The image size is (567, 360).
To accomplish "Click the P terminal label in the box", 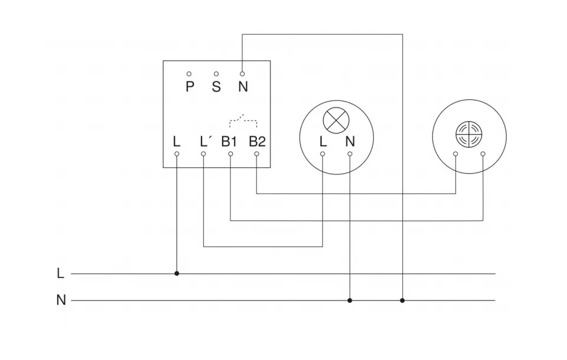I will click(190, 87).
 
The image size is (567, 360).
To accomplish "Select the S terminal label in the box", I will click(216, 87).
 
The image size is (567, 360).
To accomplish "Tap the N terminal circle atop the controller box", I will click(242, 74).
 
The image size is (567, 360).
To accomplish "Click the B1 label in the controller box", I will click(229, 142).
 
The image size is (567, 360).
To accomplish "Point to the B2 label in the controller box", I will click(257, 142).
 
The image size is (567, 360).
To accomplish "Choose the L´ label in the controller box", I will click(205, 142).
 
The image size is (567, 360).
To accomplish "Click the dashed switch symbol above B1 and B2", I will click(243, 121).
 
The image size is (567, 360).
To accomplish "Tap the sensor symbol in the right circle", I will click(469, 135).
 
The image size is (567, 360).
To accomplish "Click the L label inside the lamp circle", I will click(322, 142).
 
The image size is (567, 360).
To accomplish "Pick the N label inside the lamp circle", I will click(350, 142).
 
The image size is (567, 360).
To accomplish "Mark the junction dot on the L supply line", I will click(177, 274).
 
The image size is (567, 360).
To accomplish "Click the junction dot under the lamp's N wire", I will click(350, 300).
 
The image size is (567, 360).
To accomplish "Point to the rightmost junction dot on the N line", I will click(402, 300).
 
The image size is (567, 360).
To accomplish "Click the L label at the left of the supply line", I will click(60, 274).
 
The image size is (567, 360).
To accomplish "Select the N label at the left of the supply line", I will click(61, 300).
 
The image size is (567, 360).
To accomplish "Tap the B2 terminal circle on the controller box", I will click(257, 154).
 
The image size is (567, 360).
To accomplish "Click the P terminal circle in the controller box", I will click(189, 74).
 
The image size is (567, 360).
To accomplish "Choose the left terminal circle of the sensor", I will click(456, 154).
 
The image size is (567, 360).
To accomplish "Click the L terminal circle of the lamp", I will click(322, 154).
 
